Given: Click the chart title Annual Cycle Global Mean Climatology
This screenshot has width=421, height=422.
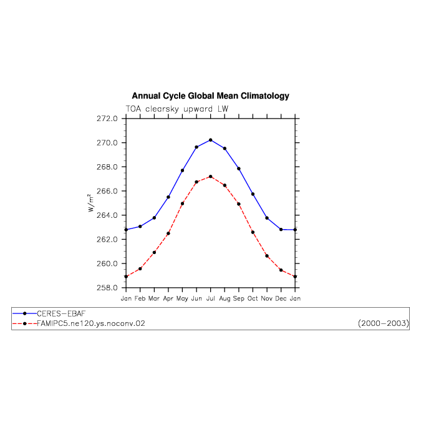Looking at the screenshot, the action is point(210,96).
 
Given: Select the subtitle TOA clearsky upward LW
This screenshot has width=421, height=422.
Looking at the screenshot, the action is point(177,109).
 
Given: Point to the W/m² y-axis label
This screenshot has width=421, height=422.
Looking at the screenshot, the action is point(91,203).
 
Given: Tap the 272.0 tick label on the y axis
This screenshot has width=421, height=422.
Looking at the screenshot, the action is point(107,119).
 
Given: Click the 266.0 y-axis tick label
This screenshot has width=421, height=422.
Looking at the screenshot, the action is point(107,191).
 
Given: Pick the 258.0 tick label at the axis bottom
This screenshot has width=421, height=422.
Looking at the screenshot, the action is point(107,288).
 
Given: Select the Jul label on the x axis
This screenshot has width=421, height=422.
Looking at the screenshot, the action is point(211,298).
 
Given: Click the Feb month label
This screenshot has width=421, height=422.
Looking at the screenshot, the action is point(140,298).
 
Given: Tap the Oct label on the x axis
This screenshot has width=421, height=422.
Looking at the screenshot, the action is point(253,298).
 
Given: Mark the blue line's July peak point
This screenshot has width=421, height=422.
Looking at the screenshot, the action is point(211,140).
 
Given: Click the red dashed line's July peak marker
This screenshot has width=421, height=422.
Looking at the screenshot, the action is point(211,177).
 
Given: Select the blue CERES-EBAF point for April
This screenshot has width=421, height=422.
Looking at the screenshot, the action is point(168,197).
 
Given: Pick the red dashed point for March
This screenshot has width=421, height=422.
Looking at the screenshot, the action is point(154,252).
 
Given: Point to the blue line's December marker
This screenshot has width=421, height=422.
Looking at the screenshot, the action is point(281,230).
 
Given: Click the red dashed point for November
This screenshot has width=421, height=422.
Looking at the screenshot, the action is point(267,256).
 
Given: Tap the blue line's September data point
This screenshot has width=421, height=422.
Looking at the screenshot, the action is point(239,169).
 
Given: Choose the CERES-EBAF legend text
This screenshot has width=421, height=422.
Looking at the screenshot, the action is point(61,314).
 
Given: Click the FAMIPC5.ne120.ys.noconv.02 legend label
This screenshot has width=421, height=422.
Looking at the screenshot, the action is point(91,323).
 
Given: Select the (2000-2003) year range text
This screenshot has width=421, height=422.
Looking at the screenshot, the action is point(384,323).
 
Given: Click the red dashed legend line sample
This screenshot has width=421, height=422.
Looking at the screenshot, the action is point(24,323).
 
